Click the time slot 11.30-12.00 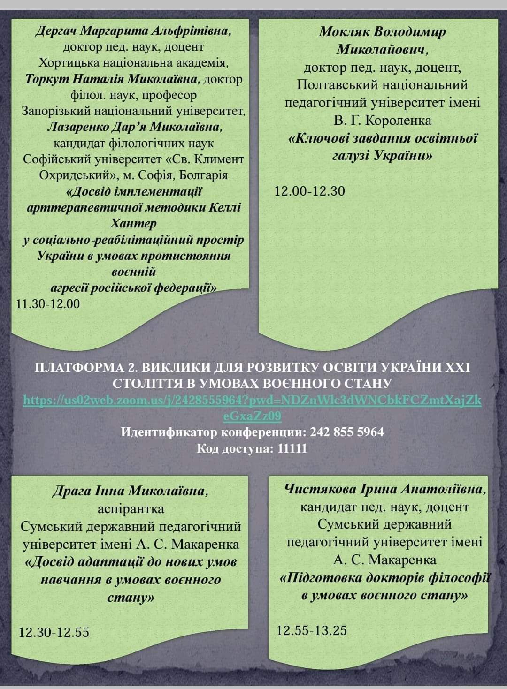click(48, 304)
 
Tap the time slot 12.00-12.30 click(310, 191)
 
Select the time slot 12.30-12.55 click(54, 632)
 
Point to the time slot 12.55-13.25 click(312, 630)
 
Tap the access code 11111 click(292, 448)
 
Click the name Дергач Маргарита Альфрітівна click(134, 31)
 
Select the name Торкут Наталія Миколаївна click(113, 79)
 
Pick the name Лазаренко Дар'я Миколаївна click(135, 127)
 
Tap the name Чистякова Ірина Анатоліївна click(385, 489)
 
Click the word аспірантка click(131, 508)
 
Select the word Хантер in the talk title click(133, 223)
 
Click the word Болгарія click(205, 175)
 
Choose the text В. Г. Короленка click(383, 121)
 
